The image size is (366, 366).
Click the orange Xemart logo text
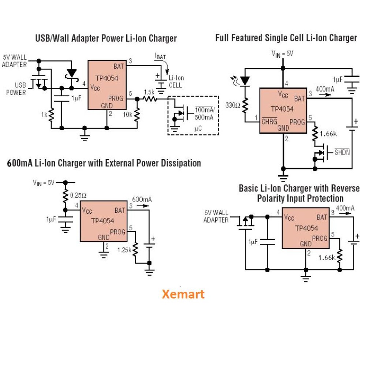[183, 294]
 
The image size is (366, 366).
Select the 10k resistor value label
[127, 115]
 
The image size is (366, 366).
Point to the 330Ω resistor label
[233, 105]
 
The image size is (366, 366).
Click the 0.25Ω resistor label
[78, 195]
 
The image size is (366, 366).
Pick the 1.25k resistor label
[124, 250]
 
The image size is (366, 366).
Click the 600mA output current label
[142, 199]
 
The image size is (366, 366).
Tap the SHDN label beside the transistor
[342, 152]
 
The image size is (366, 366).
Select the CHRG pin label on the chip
[269, 121]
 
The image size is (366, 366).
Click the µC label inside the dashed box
[198, 129]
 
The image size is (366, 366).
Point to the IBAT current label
[160, 56]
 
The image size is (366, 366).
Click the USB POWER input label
[16, 89]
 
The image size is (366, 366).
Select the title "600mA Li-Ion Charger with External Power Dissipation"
[104, 163]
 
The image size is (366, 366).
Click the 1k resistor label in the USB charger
[44, 115]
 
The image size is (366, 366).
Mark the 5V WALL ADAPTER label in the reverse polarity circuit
[216, 216]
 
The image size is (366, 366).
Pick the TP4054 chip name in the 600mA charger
[102, 221]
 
